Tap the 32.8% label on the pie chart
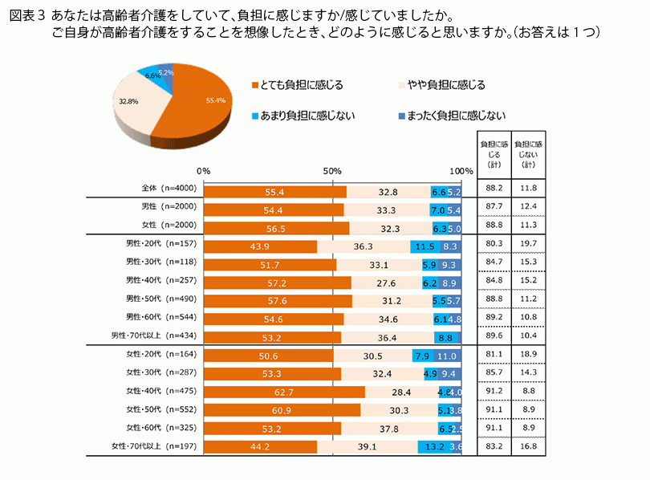point(128,102)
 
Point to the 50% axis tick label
point(332,171)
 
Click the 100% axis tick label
point(461,171)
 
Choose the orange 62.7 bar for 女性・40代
point(284,393)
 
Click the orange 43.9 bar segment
point(260,246)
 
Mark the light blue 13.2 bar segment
point(434,446)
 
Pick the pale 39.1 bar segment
point(368,446)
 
